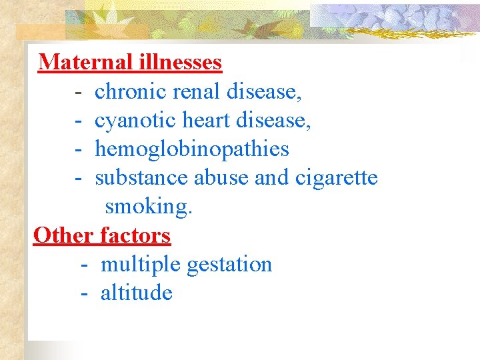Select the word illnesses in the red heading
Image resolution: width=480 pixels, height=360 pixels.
tap(181, 62)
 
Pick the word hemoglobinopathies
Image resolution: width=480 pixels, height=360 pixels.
tap(192, 149)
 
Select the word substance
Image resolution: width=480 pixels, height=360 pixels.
tap(142, 178)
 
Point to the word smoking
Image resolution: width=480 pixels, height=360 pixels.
tap(149, 207)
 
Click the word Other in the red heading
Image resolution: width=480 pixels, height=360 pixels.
tap(63, 235)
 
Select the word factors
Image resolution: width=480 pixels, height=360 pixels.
tap(135, 235)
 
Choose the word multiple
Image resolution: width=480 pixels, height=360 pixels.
tap(141, 265)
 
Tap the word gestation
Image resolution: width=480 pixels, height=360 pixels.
tap(229, 265)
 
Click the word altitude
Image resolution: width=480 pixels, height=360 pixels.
tap(137, 293)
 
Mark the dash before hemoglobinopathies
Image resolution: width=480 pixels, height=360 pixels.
tap(79, 150)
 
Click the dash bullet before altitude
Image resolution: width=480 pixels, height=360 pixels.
tap(84, 294)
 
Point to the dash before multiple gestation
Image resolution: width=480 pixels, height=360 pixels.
tap(84, 265)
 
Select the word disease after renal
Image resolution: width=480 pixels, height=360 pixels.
tap(264, 91)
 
